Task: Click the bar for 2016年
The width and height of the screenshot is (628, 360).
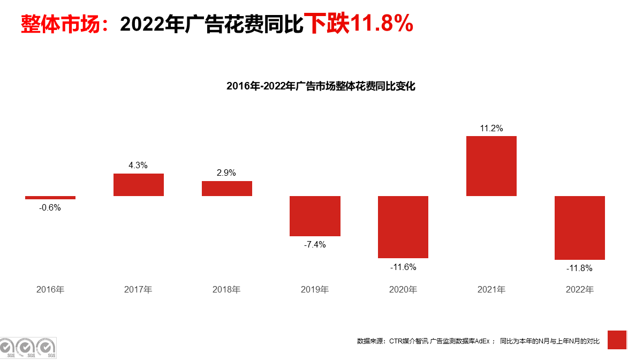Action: tap(50, 198)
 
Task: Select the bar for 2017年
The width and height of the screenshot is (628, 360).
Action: tap(139, 185)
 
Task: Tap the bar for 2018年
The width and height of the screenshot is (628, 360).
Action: tap(227, 189)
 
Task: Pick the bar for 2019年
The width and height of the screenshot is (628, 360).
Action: tap(315, 216)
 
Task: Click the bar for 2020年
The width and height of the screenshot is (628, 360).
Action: tap(403, 227)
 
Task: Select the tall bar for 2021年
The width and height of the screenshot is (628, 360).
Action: tap(491, 166)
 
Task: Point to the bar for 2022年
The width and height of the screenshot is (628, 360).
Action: tap(580, 228)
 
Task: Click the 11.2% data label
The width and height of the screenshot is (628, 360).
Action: tap(491, 128)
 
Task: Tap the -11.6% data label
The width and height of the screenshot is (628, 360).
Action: tap(403, 267)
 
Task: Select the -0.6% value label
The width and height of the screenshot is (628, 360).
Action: tap(50, 208)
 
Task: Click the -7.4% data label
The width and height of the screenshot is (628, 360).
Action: tap(315, 245)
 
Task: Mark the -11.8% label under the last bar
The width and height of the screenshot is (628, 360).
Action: tap(580, 268)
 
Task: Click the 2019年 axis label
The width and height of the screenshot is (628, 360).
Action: tap(315, 290)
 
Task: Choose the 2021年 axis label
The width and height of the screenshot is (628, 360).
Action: tap(491, 290)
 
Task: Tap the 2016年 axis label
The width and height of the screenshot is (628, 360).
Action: tap(50, 290)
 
